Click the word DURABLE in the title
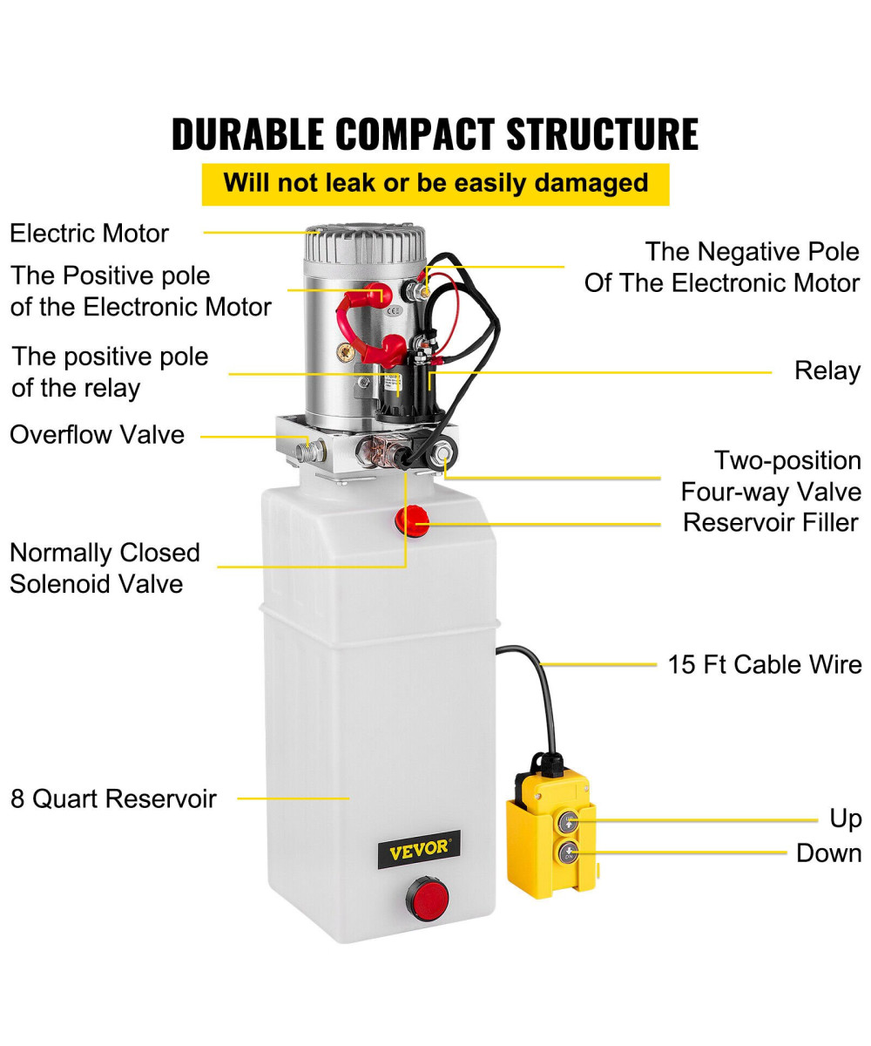[x=248, y=133]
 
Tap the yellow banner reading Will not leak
[x=435, y=184]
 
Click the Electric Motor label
[x=89, y=234]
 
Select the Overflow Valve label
[x=97, y=434]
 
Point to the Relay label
[x=827, y=370]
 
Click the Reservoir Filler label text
[x=770, y=522]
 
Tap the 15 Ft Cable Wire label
[x=764, y=664]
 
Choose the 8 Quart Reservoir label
[x=113, y=798]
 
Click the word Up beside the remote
[x=845, y=818]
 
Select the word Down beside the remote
[x=828, y=852]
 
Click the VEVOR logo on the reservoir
[x=418, y=848]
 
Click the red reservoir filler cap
[x=411, y=521]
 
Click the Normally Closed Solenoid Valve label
[x=105, y=567]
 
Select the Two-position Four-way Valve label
[x=770, y=476]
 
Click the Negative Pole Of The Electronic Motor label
[x=722, y=268]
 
